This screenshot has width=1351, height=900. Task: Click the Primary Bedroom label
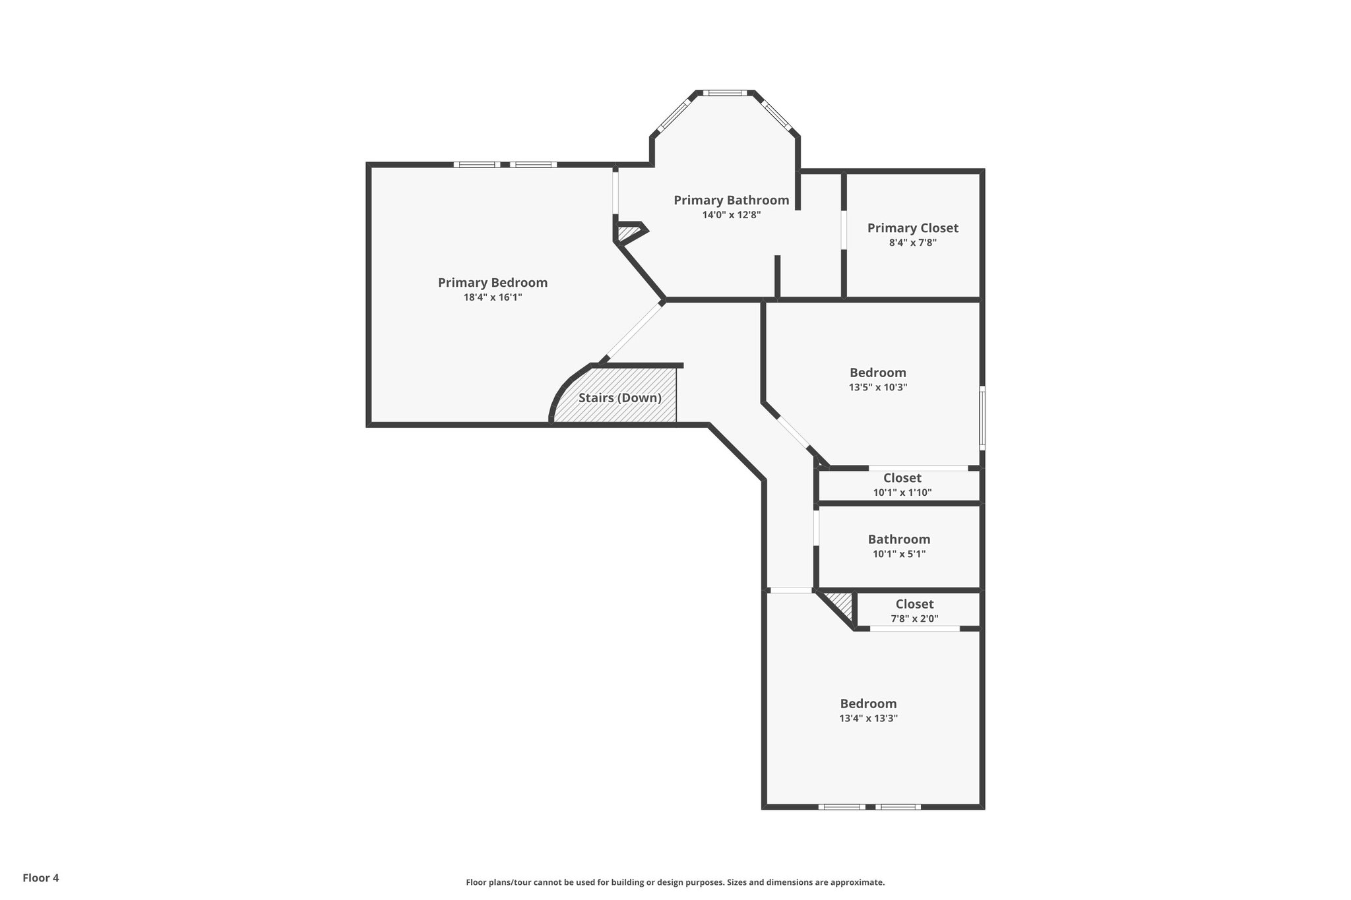pos(493,283)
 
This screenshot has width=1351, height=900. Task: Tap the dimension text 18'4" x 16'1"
pos(493,297)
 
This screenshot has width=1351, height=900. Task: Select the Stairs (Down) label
pos(619,398)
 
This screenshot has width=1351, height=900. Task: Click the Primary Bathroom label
pos(731,200)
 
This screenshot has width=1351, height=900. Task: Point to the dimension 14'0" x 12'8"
pos(731,215)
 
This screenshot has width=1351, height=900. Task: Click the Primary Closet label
pos(912,228)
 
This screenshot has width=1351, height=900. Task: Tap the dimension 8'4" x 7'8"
pos(912,243)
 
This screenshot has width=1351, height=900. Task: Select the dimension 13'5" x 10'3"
pos(877,388)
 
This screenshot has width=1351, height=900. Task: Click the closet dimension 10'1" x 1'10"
pos(902,493)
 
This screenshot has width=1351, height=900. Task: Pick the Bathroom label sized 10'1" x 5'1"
pos(898,539)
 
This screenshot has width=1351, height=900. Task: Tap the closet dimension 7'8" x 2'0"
pos(914,619)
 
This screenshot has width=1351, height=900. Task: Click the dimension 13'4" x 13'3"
pos(868,719)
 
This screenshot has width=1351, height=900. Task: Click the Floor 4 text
pos(41,878)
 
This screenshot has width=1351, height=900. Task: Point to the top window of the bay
pos(724,93)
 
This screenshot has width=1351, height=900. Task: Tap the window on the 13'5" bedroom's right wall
pos(982,418)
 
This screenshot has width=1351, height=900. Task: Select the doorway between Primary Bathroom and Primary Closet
pos(844,229)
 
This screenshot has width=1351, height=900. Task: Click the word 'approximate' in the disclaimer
pos(856,882)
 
